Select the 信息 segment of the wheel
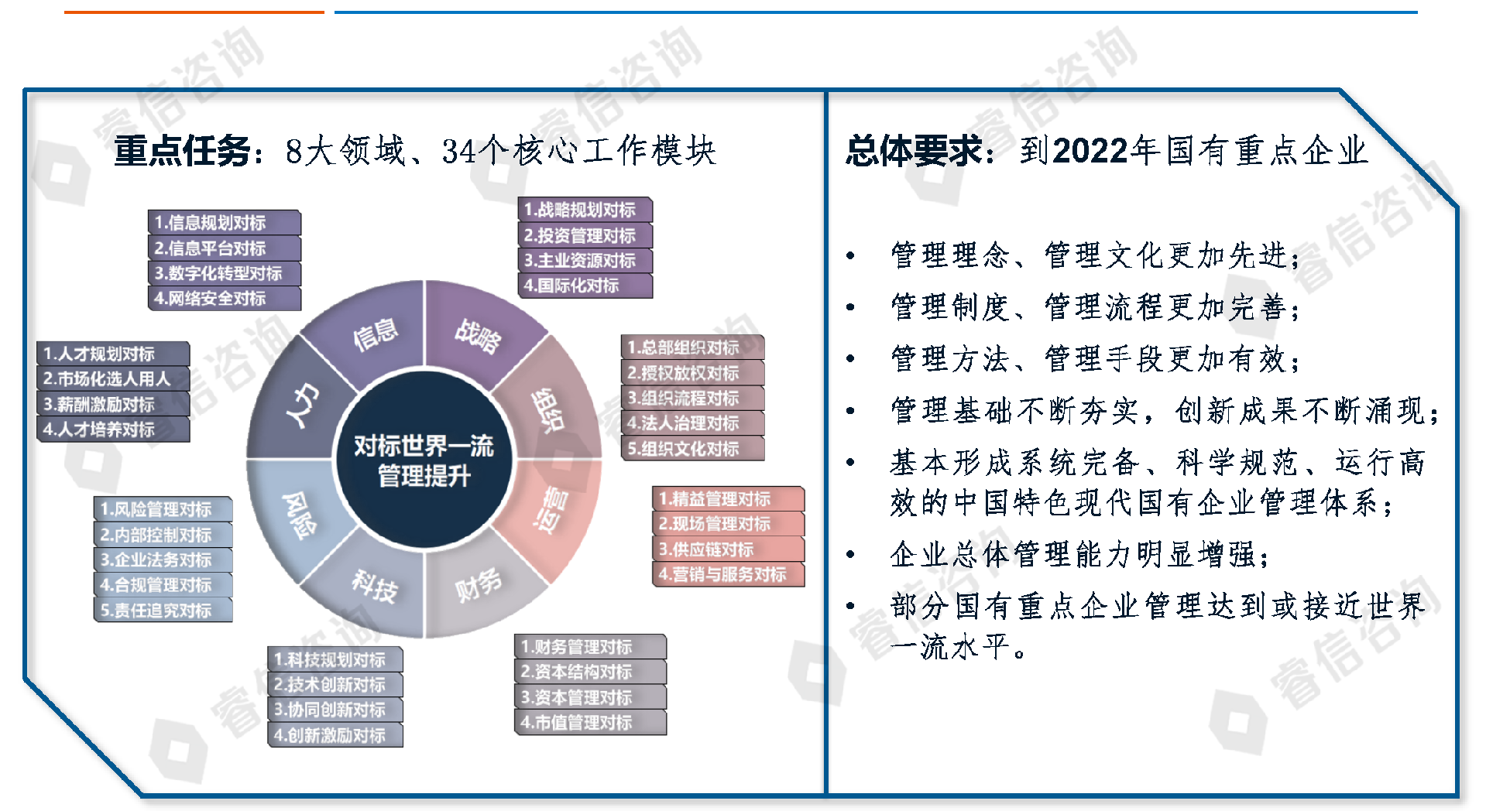pyautogui.click(x=376, y=334)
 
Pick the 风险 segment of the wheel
pyautogui.click(x=299, y=515)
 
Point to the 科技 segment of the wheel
pyautogui.click(x=375, y=586)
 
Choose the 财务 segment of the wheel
pyautogui.click(x=478, y=586)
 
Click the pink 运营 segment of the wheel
pyautogui.click(x=551, y=511)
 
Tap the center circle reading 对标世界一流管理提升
pyautogui.click(x=424, y=460)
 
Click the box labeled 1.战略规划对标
pyautogui.click(x=585, y=210)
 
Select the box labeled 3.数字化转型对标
pyautogui.click(x=224, y=273)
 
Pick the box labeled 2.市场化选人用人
pyautogui.click(x=112, y=379)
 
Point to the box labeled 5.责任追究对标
pyautogui.click(x=163, y=611)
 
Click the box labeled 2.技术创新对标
pyautogui.click(x=335, y=685)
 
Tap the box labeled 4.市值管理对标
pyautogui.click(x=590, y=723)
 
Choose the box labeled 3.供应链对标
pyautogui.click(x=728, y=549)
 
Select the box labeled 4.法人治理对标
pyautogui.click(x=692, y=423)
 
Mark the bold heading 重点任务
pyautogui.click(x=182, y=150)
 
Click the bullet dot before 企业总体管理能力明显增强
pyautogui.click(x=851, y=554)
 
